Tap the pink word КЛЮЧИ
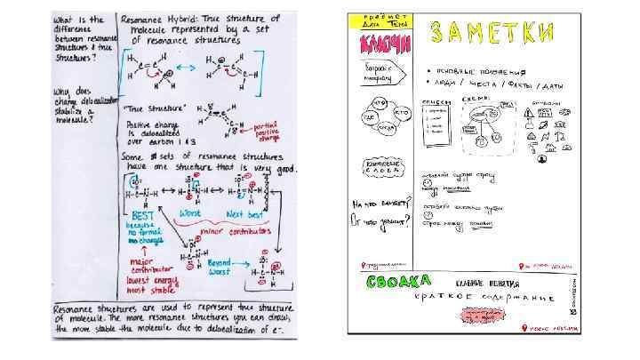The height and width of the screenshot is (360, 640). pos(382,44)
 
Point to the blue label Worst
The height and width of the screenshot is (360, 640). pos(190,214)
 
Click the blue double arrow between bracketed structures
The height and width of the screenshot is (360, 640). pos(187,68)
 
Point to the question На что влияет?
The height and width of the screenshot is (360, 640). pos(380,204)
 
